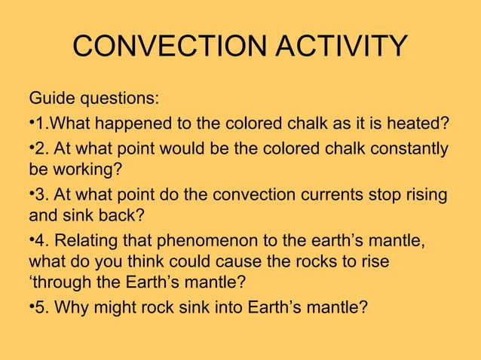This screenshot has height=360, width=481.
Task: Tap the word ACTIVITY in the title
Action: click(337, 47)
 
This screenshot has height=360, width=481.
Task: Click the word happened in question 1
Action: click(121, 124)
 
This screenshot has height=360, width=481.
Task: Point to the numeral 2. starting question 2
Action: click(41, 148)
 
